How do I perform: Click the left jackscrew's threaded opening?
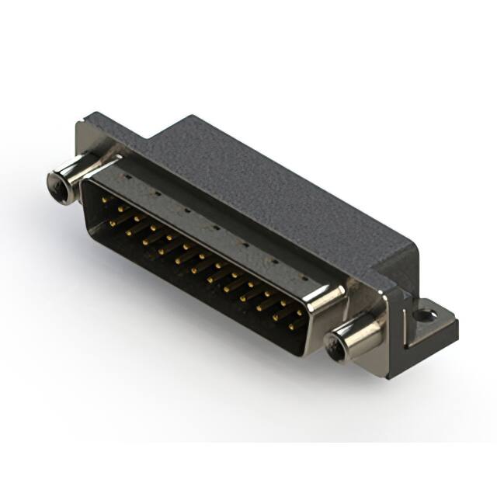coord(56,185)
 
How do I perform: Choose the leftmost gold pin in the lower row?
coord(113,223)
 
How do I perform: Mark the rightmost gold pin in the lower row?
coord(293,326)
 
